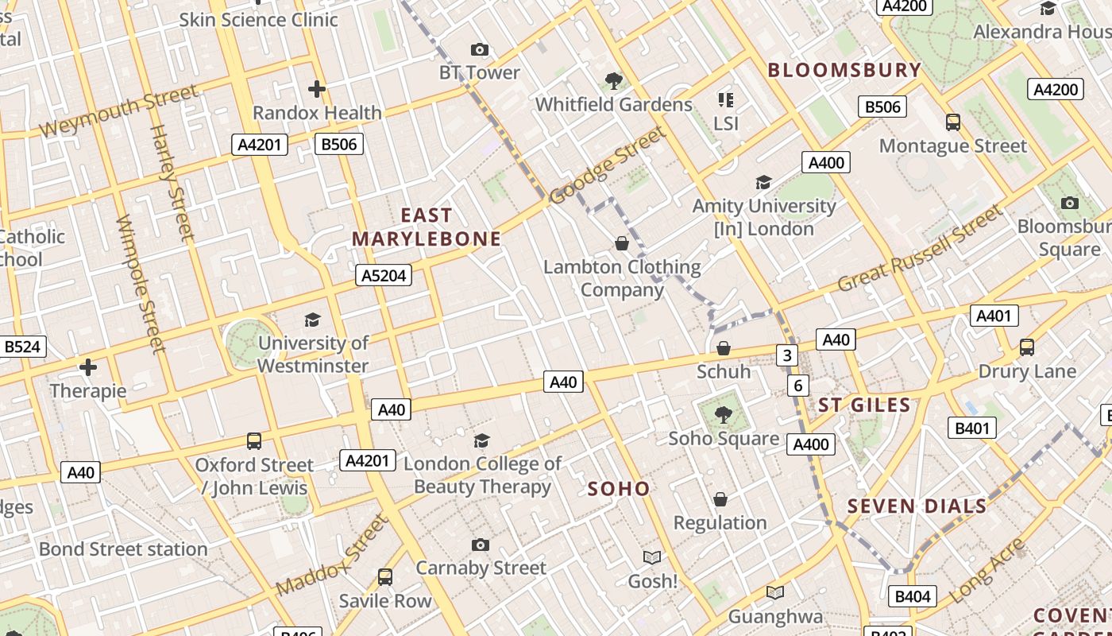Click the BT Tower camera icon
pyautogui.click(x=479, y=50)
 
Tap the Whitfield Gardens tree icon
pyautogui.click(x=613, y=80)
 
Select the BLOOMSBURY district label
pyautogui.click(x=844, y=70)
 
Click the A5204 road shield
pyautogui.click(x=384, y=275)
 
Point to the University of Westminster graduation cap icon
pyautogui.click(x=312, y=320)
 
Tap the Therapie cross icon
pyautogui.click(x=88, y=367)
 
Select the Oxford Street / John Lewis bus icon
pyautogui.click(x=254, y=441)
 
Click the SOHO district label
pyautogui.click(x=619, y=489)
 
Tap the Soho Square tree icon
pyautogui.click(x=723, y=414)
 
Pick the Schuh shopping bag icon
pyautogui.click(x=724, y=348)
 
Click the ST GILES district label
pyautogui.click(x=864, y=405)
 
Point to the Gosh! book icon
pyautogui.click(x=652, y=557)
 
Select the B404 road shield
pyautogui.click(x=914, y=596)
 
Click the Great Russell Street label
pyautogui.click(x=921, y=249)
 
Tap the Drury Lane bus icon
pyautogui.click(x=1027, y=347)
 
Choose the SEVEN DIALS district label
pyautogui.click(x=917, y=506)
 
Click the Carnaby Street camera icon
pyautogui.click(x=481, y=545)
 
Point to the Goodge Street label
pyautogui.click(x=608, y=165)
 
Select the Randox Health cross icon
pyautogui.click(x=317, y=89)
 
